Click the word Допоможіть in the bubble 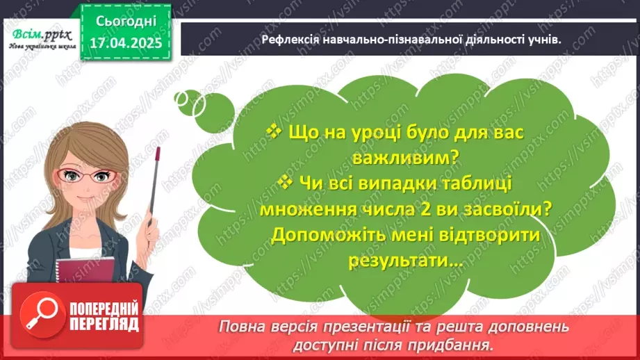click(330, 235)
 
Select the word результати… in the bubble click(404, 261)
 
